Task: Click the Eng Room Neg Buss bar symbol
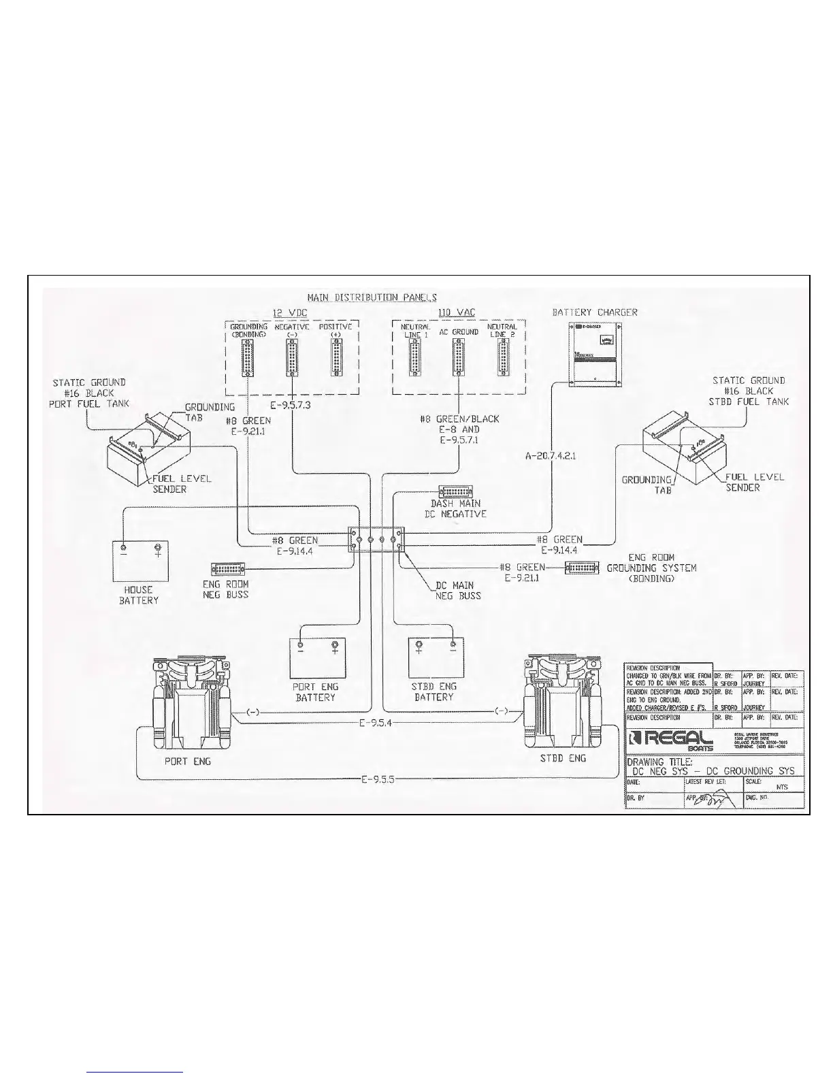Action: (x=230, y=568)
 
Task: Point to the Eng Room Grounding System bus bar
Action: (x=583, y=567)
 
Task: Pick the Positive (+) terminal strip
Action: (x=335, y=356)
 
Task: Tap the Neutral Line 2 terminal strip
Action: (x=503, y=357)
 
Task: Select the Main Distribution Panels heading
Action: (x=372, y=297)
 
